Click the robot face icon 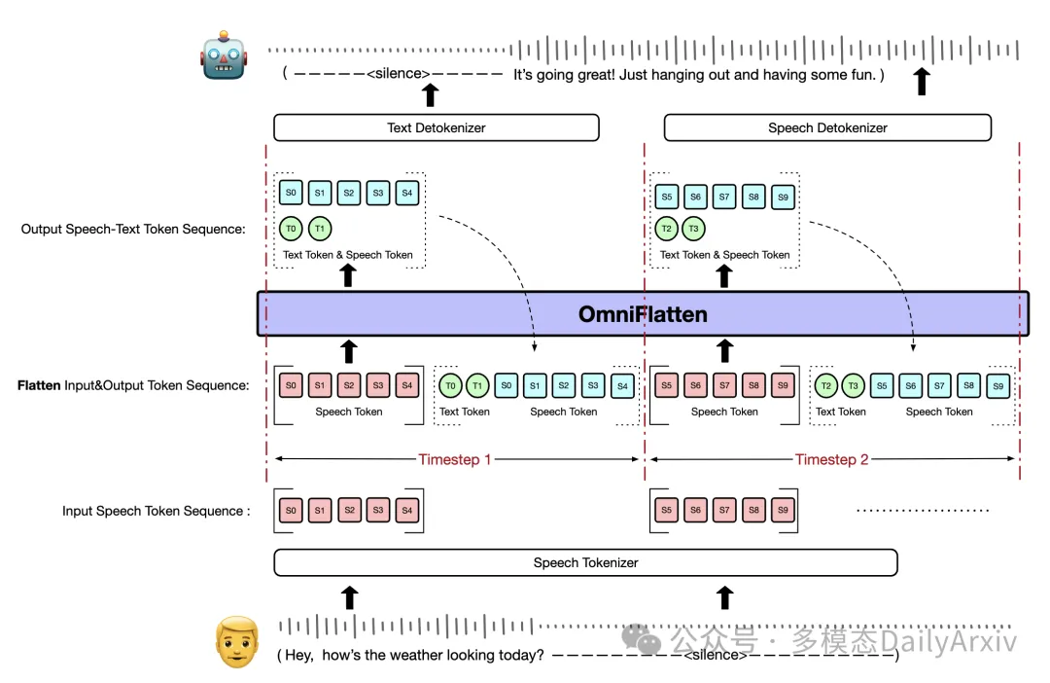coord(224,55)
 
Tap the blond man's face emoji coord(237,642)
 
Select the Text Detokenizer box coord(436,127)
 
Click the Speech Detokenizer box coord(827,127)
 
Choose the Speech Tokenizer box coord(585,562)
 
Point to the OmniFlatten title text coord(643,313)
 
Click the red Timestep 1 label coord(455,459)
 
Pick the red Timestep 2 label coord(831,459)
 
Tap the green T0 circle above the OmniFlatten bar coord(291,229)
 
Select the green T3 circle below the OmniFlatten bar coord(853,385)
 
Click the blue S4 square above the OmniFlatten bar coord(407,193)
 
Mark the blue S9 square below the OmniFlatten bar coord(997,386)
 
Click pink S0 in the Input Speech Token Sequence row coord(291,510)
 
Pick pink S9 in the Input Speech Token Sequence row coord(783,510)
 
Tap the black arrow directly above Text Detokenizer coord(431,95)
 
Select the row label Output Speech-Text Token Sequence coord(133,230)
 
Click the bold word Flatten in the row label coord(39,385)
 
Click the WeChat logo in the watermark coord(641,639)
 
